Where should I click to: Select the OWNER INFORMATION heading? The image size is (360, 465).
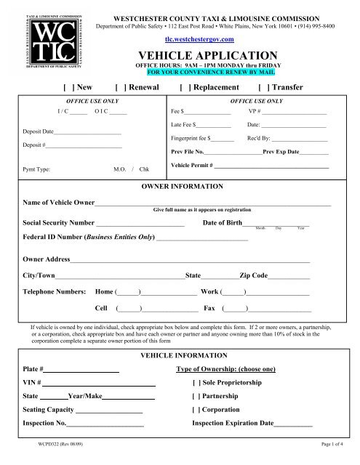179,187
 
